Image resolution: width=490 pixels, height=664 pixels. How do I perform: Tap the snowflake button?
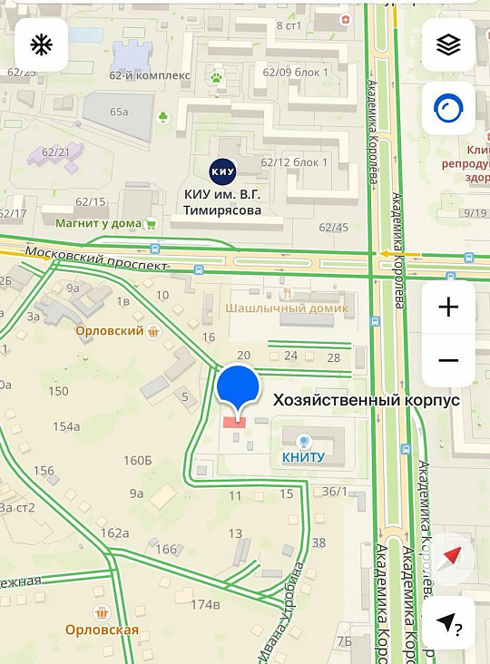41,44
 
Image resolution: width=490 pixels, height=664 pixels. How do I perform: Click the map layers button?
448,44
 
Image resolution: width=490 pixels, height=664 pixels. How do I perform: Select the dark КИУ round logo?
222,170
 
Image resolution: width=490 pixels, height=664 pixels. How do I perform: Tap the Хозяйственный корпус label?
360,400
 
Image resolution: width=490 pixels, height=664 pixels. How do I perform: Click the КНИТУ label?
303,456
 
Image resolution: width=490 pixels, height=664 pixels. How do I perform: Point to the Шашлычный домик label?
287,308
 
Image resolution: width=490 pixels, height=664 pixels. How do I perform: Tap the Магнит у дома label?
98,222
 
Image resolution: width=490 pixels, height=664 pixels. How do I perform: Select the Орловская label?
102,630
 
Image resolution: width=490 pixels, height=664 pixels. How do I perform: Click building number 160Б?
137,460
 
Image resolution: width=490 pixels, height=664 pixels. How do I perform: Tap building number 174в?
205,604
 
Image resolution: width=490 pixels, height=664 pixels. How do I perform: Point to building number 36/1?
335,492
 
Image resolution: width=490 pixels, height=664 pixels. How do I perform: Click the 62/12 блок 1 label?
293,162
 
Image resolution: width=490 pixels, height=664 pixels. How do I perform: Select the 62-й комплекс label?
150,75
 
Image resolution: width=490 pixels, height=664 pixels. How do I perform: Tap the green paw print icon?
216,78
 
